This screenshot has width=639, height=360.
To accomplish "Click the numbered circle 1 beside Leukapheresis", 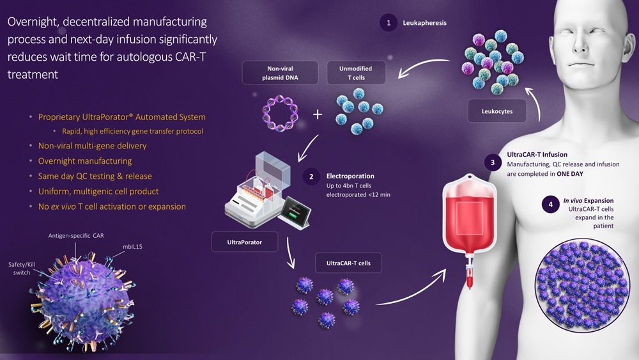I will click(387, 23).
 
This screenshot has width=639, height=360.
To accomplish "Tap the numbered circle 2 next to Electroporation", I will click(311, 176).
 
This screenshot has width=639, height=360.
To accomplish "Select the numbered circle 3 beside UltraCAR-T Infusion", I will click(491, 162).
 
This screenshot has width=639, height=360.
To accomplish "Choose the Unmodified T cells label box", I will click(357, 73).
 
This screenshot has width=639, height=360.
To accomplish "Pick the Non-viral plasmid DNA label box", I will click(280, 73).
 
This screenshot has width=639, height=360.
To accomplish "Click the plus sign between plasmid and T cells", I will click(318, 114).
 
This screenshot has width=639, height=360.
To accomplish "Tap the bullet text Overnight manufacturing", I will click(85, 160).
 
